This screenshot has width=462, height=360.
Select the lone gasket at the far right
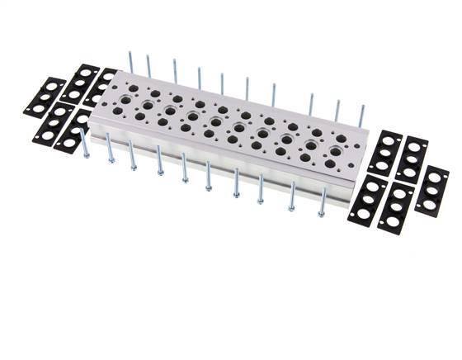click(x=431, y=191)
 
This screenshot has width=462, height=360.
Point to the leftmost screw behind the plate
click(x=130, y=62)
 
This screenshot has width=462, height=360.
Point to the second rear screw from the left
click(x=149, y=65)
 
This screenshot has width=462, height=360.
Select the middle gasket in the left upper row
click(x=79, y=83)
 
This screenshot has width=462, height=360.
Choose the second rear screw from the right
click(x=337, y=110)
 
